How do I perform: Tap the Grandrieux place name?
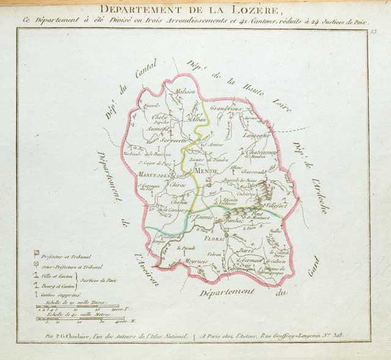tap(227, 108)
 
